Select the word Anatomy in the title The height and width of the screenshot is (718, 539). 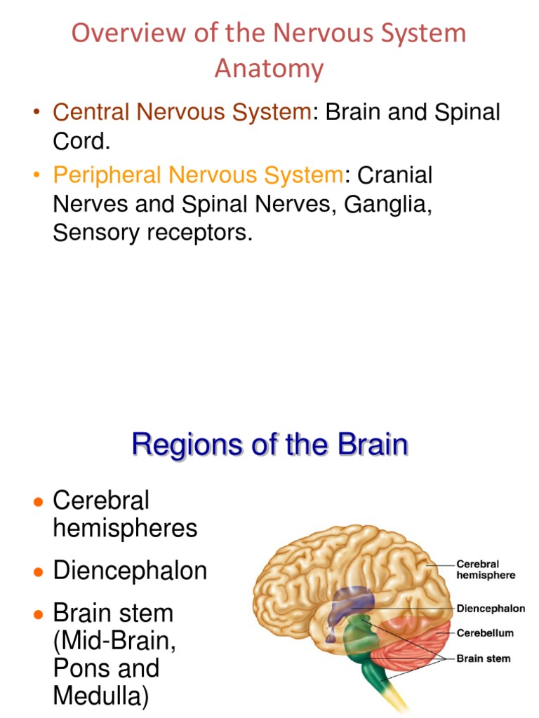(x=269, y=69)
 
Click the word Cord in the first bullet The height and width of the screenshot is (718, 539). (x=79, y=141)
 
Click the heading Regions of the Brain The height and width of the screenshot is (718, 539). (x=269, y=445)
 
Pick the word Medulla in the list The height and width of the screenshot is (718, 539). (x=99, y=696)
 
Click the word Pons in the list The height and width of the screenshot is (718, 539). (x=79, y=668)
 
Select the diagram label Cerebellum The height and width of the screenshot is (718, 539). (x=485, y=633)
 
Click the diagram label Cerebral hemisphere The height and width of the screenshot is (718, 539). (x=486, y=569)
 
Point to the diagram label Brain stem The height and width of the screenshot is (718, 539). (x=484, y=659)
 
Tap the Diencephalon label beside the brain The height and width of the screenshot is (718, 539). (x=491, y=609)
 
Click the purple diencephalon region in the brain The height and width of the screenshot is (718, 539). (x=349, y=602)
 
